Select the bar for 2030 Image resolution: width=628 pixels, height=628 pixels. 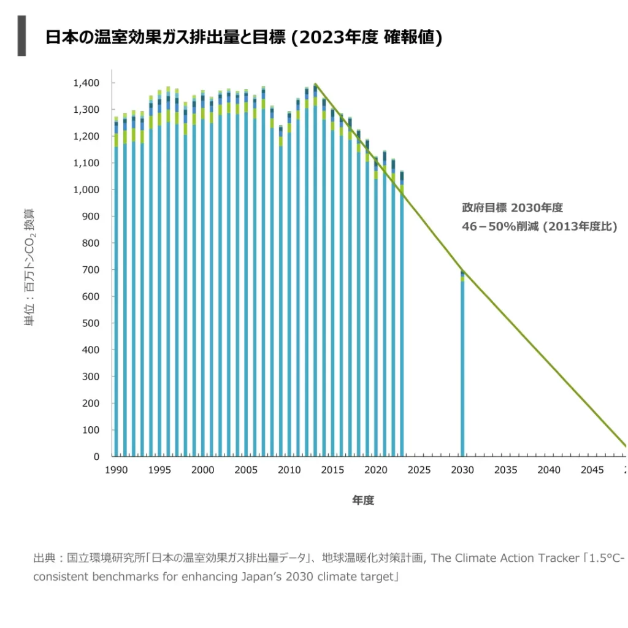(462, 368)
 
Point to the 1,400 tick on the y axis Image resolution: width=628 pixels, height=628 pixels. (87, 83)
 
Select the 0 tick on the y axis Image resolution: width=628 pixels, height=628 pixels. (96, 457)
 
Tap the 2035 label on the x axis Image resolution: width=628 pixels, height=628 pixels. (505, 470)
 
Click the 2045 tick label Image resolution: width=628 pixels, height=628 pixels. (592, 470)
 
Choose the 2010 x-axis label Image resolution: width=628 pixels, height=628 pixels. (289, 470)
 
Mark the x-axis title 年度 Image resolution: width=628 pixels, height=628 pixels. (362, 500)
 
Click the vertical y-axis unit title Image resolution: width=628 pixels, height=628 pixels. (30, 267)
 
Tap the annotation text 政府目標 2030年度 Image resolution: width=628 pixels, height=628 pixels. (511, 208)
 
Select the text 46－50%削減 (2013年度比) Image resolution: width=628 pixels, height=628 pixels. (539, 226)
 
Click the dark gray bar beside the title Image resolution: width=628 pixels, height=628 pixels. (22, 36)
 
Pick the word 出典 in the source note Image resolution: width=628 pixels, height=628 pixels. (44, 558)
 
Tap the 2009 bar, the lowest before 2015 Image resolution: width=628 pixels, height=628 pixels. (281, 294)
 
